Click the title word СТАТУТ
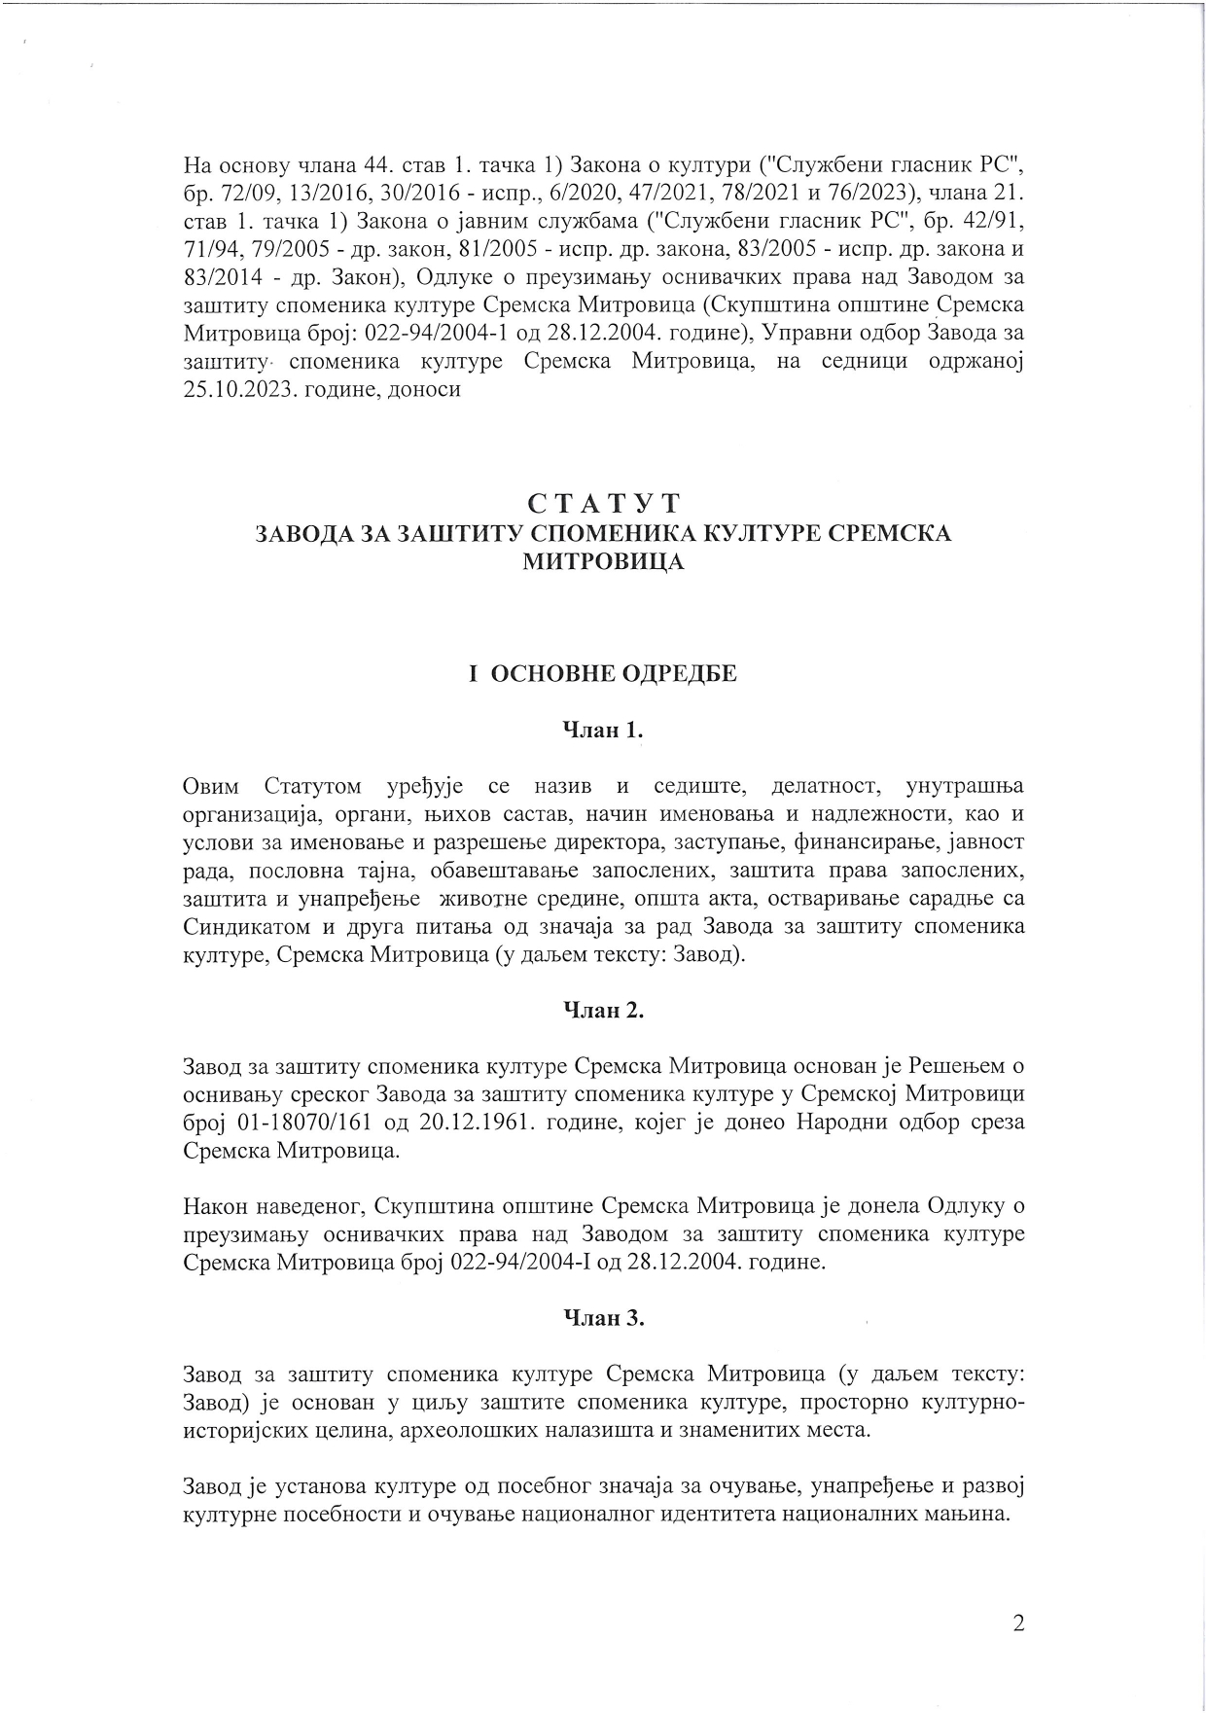[603, 504]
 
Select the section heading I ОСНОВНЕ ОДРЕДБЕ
[602, 674]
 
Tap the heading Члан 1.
[603, 732]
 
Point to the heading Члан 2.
[604, 1011]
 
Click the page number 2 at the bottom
[1018, 1624]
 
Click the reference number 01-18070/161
[298, 1123]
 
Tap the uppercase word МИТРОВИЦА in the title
[603, 562]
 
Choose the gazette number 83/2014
[218, 275]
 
